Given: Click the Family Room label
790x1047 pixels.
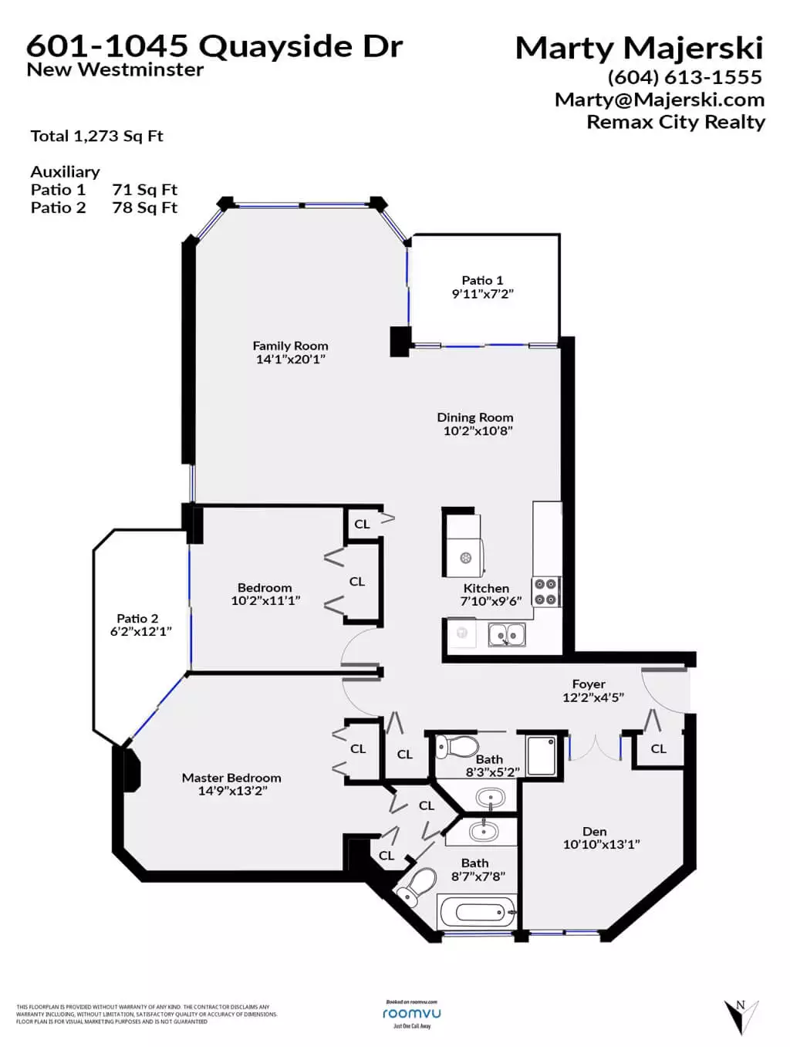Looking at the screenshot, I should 290,346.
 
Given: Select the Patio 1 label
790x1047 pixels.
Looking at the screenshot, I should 482,280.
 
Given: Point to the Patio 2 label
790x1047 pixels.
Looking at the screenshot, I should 137,618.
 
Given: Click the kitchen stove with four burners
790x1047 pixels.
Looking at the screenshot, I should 545,592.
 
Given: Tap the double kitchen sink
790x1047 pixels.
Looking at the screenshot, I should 507,635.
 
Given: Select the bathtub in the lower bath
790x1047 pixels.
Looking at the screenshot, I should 476,913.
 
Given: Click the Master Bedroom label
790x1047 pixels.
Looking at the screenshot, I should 231,778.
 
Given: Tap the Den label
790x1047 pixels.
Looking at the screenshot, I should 594,831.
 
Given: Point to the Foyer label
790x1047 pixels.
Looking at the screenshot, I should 589,684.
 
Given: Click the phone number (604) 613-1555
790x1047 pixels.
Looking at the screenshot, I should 684,77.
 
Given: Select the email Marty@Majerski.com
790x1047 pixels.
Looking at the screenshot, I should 660,100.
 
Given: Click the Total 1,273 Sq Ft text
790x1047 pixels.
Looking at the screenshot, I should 96,136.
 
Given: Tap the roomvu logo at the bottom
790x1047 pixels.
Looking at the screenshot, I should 412,1013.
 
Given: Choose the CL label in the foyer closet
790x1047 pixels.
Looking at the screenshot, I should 658,748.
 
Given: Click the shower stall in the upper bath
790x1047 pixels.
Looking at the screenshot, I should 541,755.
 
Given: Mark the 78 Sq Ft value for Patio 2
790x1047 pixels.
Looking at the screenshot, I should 144,208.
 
